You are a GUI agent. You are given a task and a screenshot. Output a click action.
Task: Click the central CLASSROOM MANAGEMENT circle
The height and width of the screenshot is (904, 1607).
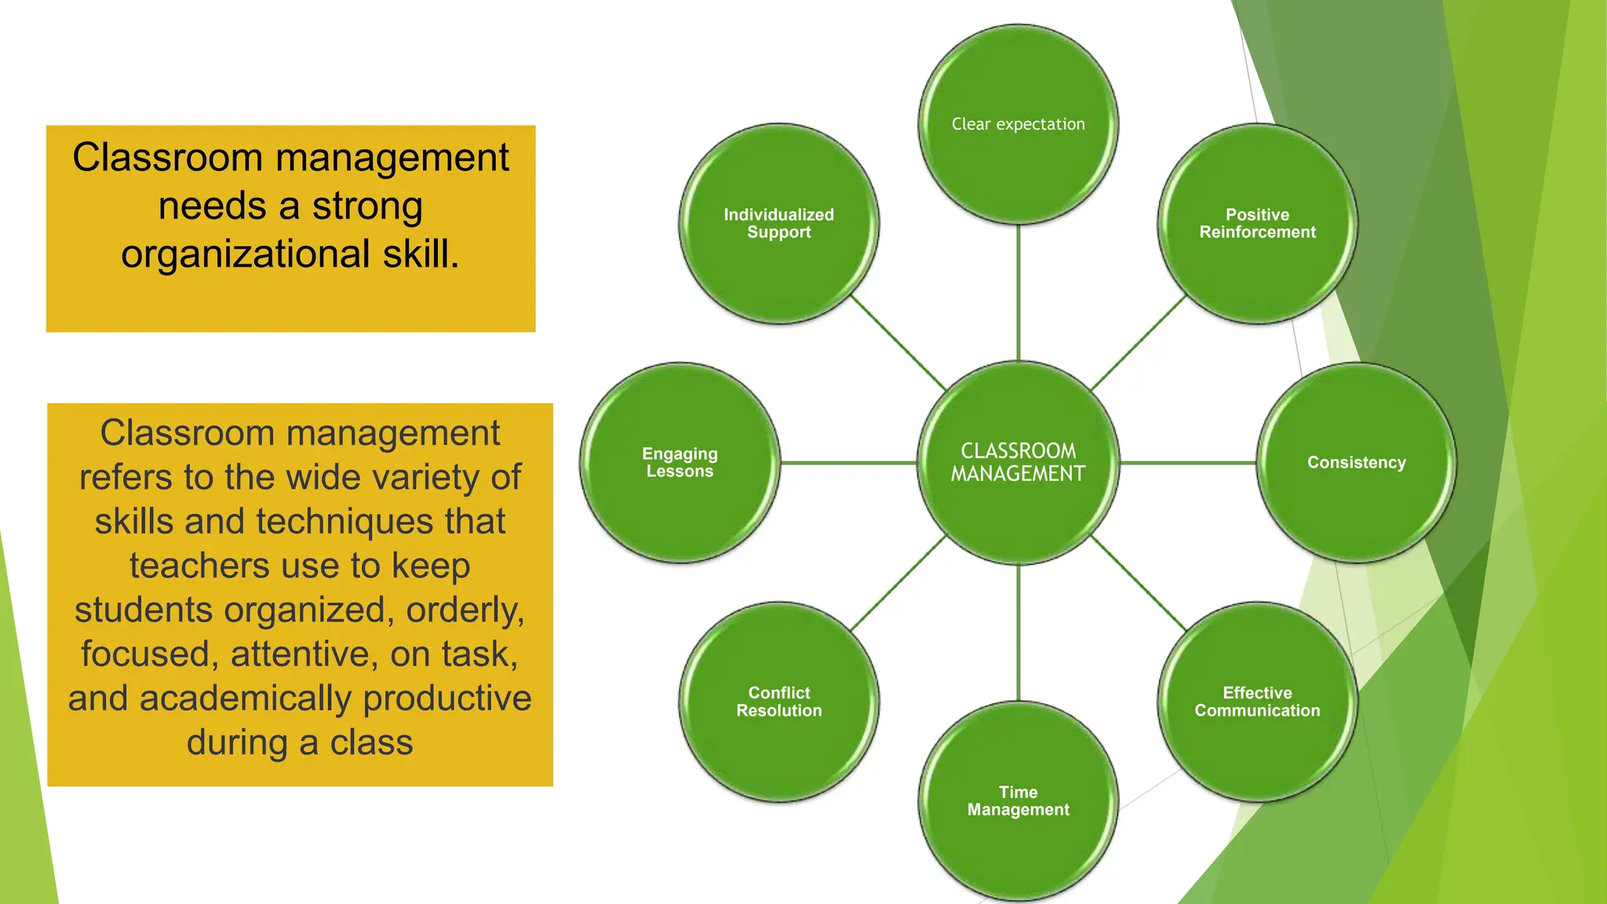click(x=1018, y=462)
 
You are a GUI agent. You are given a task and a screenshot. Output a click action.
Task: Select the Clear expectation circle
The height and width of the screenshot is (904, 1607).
click(x=1018, y=124)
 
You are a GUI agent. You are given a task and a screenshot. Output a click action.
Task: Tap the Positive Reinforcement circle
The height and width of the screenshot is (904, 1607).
click(x=1257, y=223)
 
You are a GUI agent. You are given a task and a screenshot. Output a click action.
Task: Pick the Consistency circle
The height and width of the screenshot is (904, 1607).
click(x=1356, y=462)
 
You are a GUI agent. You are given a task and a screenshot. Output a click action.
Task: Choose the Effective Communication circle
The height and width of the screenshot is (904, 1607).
click(x=1257, y=702)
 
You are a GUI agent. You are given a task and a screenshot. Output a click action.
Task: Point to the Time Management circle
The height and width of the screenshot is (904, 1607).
click(x=1018, y=800)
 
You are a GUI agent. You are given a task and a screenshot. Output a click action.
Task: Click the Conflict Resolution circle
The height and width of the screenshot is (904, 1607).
click(x=778, y=702)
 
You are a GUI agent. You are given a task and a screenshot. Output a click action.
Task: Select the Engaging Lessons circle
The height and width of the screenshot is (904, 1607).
click(x=680, y=462)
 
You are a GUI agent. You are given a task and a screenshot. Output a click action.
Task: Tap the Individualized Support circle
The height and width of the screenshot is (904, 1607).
click(x=778, y=223)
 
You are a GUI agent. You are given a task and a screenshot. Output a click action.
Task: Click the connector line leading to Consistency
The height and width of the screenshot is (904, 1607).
click(x=1187, y=463)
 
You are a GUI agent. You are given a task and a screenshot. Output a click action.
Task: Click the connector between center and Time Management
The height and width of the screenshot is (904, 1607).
click(x=1018, y=632)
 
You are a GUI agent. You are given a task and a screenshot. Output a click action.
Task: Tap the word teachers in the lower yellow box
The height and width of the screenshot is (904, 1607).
click(x=200, y=566)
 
